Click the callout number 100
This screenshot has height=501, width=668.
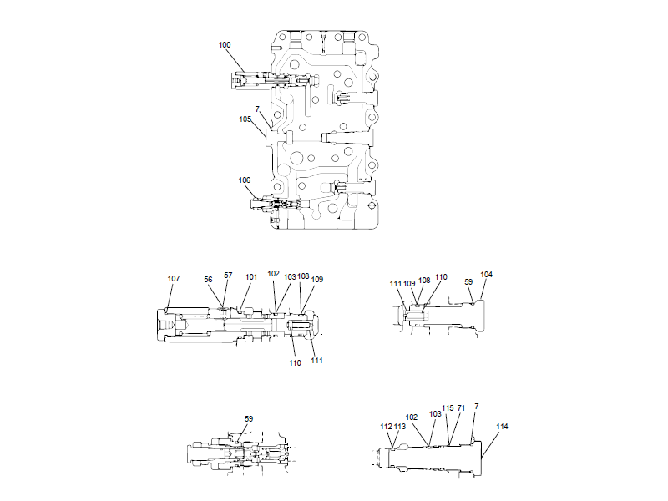pos(225,45)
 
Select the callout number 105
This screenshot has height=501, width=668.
pos(245,119)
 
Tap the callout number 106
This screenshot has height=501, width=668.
pos(245,180)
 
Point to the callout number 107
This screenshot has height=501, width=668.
pos(173,279)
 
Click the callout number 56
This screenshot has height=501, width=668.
pos(210,280)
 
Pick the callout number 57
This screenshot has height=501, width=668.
pos(228,276)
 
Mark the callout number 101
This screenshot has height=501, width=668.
pos(251,276)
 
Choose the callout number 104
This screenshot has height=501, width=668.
pos(486,275)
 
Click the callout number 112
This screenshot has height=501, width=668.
pos(386,426)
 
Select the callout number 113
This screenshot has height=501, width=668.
pos(400,426)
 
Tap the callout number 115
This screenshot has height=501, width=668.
pos(448,408)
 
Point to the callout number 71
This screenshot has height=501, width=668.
pos(461,408)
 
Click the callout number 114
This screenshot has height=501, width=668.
pos(501,426)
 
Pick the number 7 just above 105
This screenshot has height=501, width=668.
pos(257,110)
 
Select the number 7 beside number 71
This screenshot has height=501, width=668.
pos(476,406)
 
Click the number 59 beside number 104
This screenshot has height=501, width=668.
pos(470,281)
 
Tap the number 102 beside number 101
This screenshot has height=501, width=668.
pos(274,273)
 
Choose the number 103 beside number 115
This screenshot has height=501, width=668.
pos(435,413)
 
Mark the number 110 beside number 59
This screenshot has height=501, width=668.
pos(442,276)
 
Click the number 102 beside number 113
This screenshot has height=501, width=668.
pos(412,417)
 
